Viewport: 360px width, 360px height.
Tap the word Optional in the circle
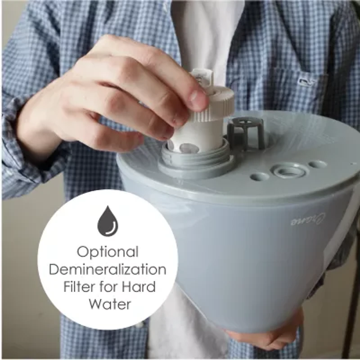click(108, 252)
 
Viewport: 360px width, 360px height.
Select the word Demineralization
click(108, 270)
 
